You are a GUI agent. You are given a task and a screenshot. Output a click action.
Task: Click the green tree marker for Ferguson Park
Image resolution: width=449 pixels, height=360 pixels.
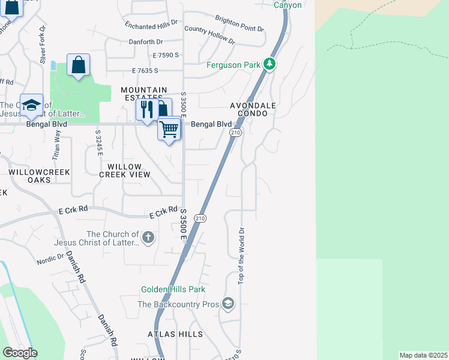[x=270, y=64]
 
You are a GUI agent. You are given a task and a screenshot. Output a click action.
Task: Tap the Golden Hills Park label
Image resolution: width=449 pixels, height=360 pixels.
[x=173, y=290]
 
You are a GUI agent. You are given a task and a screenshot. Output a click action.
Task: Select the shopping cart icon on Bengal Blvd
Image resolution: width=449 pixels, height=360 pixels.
[x=169, y=128]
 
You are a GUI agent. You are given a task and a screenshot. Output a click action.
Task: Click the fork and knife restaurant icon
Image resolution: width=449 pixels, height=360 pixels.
[x=146, y=109]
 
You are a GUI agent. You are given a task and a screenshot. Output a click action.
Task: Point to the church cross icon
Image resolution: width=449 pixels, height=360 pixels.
[x=148, y=238]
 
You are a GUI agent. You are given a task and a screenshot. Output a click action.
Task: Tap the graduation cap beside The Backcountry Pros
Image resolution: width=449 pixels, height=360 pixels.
[x=228, y=304]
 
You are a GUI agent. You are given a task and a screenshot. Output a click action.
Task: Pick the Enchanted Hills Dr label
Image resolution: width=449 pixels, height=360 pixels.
[x=151, y=25]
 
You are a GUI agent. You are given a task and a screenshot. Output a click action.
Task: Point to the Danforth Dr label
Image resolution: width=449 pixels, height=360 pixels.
[x=146, y=42]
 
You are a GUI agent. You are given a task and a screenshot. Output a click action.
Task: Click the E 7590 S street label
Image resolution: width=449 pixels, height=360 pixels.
[x=166, y=55]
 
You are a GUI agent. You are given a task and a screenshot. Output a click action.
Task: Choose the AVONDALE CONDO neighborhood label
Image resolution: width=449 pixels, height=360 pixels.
[x=253, y=109]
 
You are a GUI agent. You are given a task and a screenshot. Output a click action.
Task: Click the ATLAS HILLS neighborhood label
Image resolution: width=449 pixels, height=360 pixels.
[x=175, y=334]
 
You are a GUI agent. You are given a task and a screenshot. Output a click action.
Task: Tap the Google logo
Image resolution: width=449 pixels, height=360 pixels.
[x=20, y=353]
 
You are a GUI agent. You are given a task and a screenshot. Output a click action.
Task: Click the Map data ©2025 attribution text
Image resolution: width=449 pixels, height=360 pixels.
[x=423, y=355]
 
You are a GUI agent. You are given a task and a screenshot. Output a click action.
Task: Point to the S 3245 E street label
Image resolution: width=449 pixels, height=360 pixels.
[x=97, y=142]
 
